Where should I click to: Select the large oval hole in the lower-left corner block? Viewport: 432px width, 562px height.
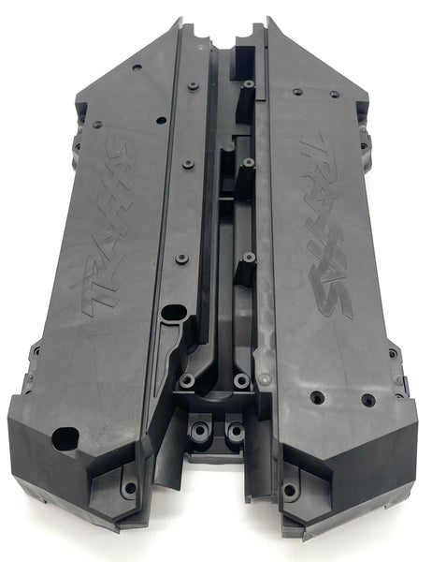click(65, 436)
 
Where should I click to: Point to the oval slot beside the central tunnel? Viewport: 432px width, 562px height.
click(174, 313)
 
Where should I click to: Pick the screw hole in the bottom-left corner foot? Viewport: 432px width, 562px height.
click(131, 487)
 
